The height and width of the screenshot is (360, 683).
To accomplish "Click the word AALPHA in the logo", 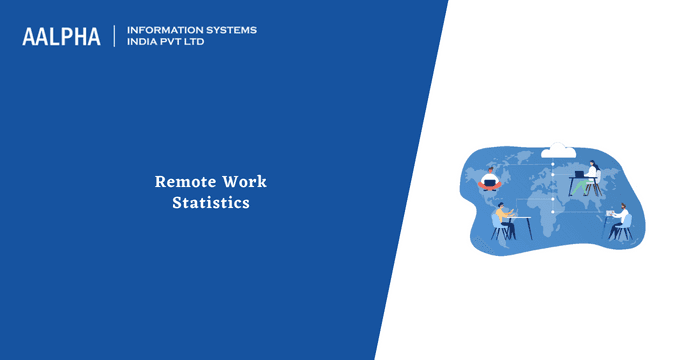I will (62, 37).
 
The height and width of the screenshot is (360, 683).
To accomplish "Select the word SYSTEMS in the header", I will (227, 30).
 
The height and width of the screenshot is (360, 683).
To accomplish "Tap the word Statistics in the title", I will (210, 203).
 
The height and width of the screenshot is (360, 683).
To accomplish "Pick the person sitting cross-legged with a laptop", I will (490, 180).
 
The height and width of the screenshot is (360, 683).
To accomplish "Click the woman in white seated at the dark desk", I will (592, 174).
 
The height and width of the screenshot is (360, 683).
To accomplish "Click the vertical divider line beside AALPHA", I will (115, 37).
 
